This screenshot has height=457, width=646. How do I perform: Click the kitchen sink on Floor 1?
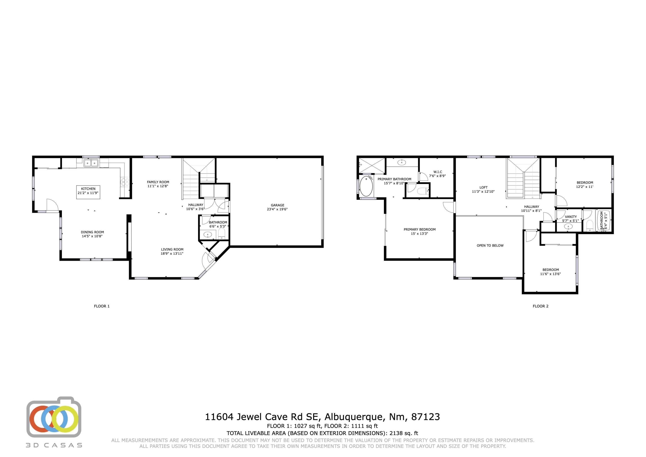(91, 163)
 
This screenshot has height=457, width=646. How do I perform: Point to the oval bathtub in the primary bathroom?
(366, 186)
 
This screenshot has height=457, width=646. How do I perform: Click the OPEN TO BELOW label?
(490, 246)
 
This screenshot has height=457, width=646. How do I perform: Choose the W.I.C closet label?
(438, 172)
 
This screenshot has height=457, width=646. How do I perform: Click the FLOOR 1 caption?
(102, 306)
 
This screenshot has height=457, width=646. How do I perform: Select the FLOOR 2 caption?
(540, 306)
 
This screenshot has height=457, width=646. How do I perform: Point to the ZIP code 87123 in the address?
(425, 417)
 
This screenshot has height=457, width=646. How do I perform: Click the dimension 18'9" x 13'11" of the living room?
(172, 253)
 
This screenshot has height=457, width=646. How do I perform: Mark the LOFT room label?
(483, 187)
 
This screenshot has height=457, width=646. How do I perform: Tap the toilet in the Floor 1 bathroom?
(222, 233)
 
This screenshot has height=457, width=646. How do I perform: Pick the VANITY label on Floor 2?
(571, 217)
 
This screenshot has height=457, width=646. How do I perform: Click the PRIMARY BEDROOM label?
(419, 229)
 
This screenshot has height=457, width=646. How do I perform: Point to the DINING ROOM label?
(92, 232)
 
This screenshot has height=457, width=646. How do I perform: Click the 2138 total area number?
(396, 433)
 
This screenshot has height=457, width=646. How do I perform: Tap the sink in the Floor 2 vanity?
(568, 226)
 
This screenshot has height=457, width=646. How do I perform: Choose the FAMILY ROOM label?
(158, 182)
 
